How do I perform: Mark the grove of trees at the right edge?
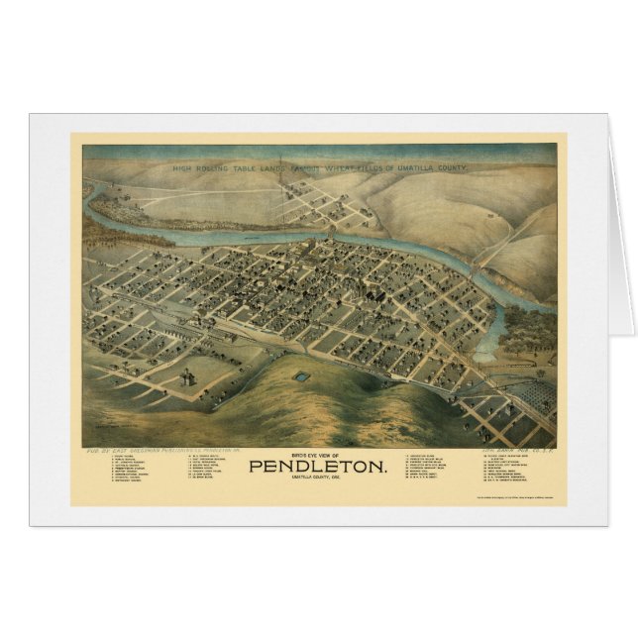(530, 332)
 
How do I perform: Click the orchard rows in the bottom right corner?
(530, 396)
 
